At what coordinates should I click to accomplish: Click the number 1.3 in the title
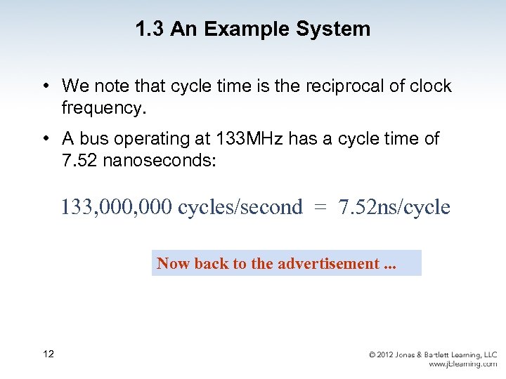click(148, 29)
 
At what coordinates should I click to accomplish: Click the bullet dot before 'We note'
click(44, 86)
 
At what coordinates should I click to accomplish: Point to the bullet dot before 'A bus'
click(44, 139)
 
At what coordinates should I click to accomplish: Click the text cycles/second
click(240, 208)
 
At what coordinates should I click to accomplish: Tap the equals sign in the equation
click(320, 208)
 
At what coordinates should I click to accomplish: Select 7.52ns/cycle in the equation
click(394, 208)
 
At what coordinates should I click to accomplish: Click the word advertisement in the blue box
click(328, 263)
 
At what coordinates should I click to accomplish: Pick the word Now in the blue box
click(173, 263)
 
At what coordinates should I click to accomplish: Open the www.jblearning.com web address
click(463, 364)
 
